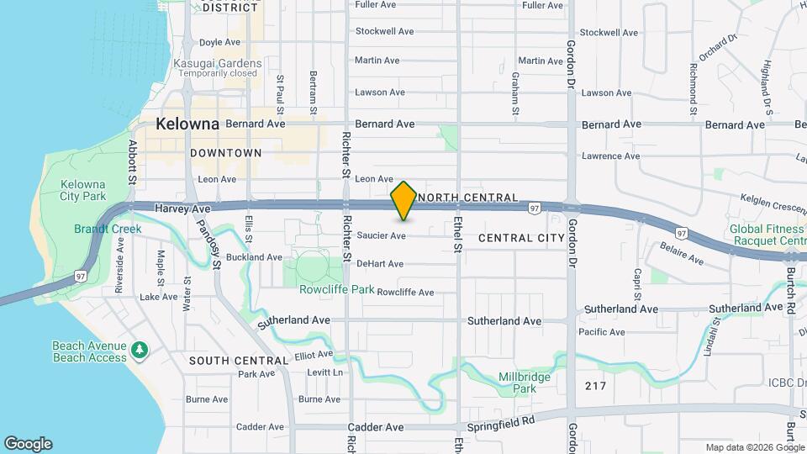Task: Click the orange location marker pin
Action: [x=403, y=201]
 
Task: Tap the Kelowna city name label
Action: [x=187, y=124]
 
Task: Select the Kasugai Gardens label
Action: [x=218, y=63]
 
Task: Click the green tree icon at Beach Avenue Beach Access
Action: [x=141, y=348]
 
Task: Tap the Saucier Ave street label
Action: [x=381, y=236]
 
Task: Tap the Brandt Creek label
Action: [x=99, y=228]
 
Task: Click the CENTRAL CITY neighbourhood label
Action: [x=521, y=238]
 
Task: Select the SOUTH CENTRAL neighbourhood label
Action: [x=227, y=361]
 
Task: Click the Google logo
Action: [x=28, y=444]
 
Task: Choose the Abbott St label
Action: [x=132, y=161]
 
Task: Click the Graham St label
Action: [x=515, y=93]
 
